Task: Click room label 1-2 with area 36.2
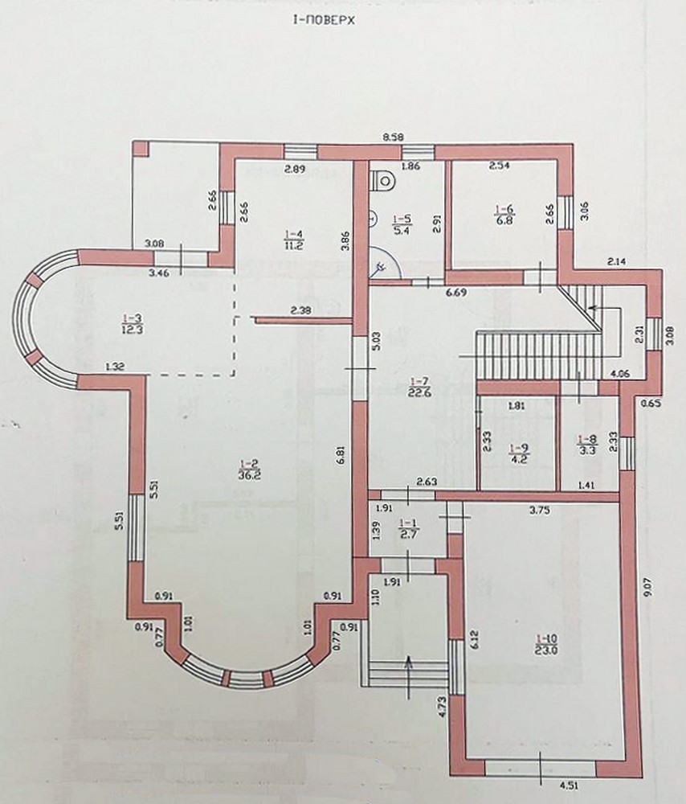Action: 248,470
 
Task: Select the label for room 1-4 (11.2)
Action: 295,240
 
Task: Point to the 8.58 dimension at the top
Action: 394,137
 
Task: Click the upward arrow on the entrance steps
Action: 408,677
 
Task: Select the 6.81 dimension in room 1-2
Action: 342,453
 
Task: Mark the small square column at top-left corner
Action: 141,149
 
